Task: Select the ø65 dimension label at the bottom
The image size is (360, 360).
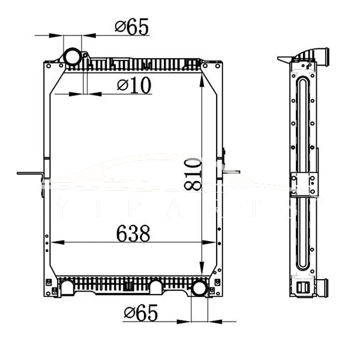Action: click(141, 313)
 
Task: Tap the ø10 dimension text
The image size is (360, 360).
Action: click(134, 86)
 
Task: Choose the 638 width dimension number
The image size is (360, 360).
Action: click(129, 233)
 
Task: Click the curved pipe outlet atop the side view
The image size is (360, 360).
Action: click(321, 58)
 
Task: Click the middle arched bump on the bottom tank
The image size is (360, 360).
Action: click(157, 287)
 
